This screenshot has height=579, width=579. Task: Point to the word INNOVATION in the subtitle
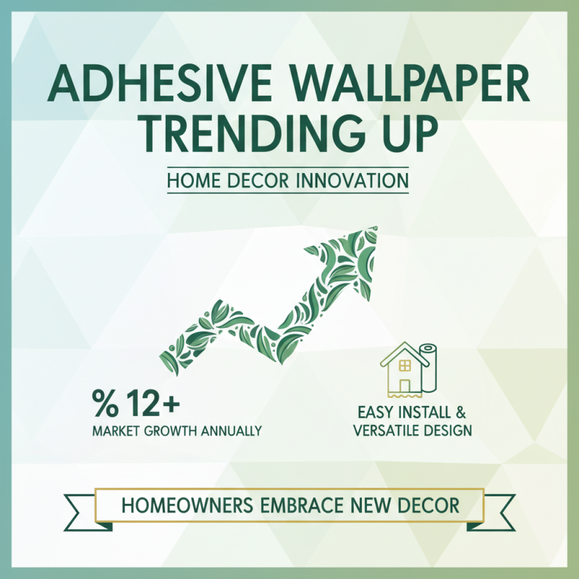point(354,181)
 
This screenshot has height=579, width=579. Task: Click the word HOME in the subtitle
point(191,181)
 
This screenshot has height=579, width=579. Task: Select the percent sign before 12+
point(105,402)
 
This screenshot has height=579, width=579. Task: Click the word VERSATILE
point(388,431)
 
